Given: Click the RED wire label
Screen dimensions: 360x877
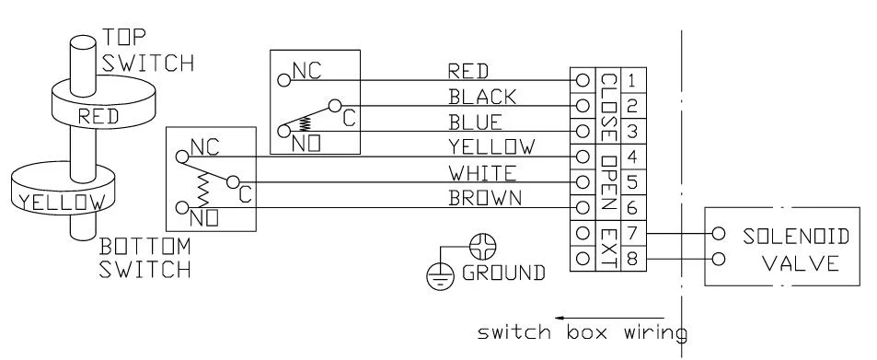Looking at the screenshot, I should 466,70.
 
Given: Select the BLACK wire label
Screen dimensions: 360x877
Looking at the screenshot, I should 475,96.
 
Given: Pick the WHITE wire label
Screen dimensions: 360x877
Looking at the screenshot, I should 475,172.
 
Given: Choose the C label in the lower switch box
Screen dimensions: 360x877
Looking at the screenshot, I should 244,195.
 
